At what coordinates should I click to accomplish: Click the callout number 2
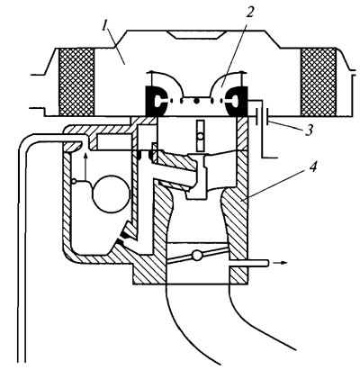pyautogui.click(x=250, y=12)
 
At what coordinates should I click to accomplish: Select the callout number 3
pyautogui.click(x=309, y=131)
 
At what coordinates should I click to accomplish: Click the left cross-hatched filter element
pyautogui.click(x=76, y=82)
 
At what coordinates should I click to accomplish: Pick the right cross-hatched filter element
pyautogui.click(x=319, y=82)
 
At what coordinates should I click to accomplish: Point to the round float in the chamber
pyautogui.click(x=111, y=194)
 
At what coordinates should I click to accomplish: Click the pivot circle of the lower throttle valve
pyautogui.click(x=197, y=256)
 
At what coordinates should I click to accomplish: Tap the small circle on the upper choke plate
pyautogui.click(x=201, y=137)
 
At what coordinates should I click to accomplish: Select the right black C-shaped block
pyautogui.click(x=238, y=102)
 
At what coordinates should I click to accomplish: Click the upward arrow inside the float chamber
pyautogui.click(x=85, y=167)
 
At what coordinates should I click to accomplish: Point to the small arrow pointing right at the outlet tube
pyautogui.click(x=282, y=263)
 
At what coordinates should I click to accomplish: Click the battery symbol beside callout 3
pyautogui.click(x=262, y=118)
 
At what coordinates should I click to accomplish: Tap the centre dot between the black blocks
pyautogui.click(x=196, y=101)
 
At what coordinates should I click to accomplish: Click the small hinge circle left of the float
pyautogui.click(x=74, y=181)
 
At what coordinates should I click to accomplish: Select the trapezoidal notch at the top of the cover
pyautogui.click(x=196, y=34)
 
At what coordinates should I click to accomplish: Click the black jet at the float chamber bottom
pyautogui.click(x=123, y=235)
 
